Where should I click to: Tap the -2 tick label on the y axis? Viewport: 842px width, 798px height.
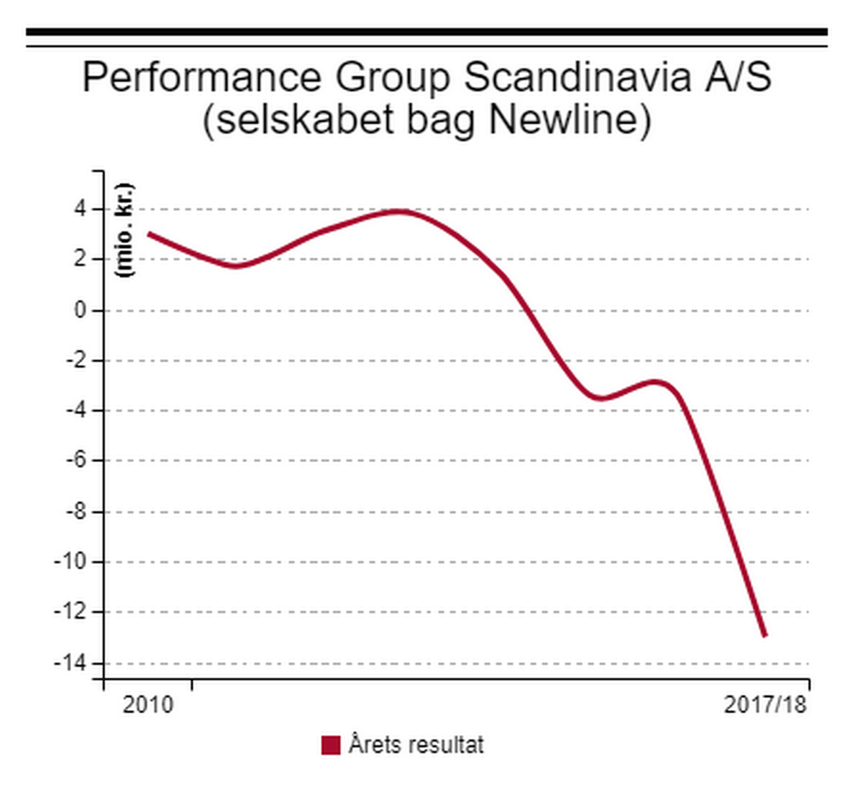[75, 360]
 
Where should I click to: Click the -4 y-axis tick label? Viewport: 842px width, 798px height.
[75, 410]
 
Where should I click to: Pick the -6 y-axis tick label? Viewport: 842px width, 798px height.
[75, 460]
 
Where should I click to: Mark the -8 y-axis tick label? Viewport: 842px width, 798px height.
[75, 511]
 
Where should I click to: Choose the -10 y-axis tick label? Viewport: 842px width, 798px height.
[72, 561]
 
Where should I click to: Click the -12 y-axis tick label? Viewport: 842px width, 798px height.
[72, 611]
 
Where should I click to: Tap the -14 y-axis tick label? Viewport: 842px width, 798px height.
[72, 662]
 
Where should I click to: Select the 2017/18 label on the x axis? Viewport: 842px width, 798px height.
[765, 704]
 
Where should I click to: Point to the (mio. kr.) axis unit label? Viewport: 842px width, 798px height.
[125, 231]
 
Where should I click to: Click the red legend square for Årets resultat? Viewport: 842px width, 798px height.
[331, 745]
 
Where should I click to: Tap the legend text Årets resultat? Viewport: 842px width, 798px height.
[416, 745]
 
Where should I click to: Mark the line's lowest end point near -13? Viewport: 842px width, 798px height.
[765, 636]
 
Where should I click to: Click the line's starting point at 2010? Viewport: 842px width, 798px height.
[148, 233]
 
